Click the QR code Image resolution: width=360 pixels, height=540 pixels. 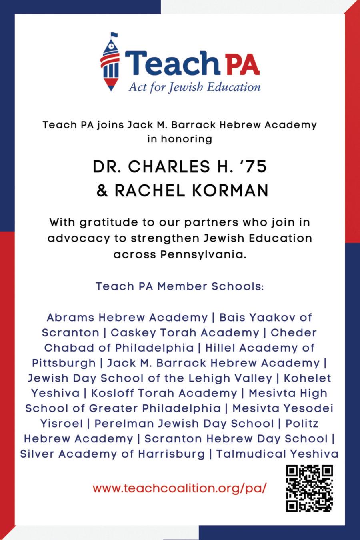point(310,488)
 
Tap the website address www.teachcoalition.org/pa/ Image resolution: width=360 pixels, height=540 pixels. point(179,488)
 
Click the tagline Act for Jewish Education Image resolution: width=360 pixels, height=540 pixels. point(194,87)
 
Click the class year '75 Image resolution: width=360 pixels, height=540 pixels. point(254,167)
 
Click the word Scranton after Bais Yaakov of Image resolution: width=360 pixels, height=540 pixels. point(70,333)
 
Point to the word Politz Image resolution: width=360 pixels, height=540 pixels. point(302,424)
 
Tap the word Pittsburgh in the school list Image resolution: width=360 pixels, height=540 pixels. point(64,363)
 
